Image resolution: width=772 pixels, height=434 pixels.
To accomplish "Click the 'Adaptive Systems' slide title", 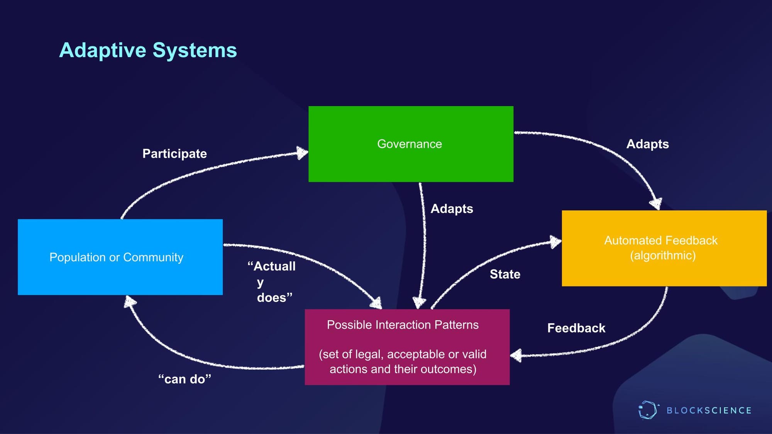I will point(148,50).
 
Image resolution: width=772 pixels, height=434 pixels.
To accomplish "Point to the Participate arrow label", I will point(174,154).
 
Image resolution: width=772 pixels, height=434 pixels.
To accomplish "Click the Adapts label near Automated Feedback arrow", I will point(647,144).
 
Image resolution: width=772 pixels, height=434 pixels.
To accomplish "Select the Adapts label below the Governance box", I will point(452,209).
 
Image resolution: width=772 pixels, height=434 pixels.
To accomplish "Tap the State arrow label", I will point(505,274).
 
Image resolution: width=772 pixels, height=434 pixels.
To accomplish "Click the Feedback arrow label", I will point(576,328).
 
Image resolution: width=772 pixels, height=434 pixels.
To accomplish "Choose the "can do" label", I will point(185,379).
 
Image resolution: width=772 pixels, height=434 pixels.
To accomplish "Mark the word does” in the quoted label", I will point(274,298).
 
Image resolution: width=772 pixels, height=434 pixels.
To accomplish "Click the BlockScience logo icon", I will point(647,410).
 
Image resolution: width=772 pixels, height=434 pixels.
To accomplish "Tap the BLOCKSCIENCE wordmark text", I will point(709,410).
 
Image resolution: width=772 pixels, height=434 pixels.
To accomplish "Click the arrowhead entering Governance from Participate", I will point(303,153).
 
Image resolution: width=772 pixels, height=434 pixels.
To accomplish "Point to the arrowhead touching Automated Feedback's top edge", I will point(656,203).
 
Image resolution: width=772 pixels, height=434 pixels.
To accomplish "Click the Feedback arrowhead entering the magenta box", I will point(516,355).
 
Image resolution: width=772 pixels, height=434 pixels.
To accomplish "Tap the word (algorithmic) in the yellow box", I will point(663,256).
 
